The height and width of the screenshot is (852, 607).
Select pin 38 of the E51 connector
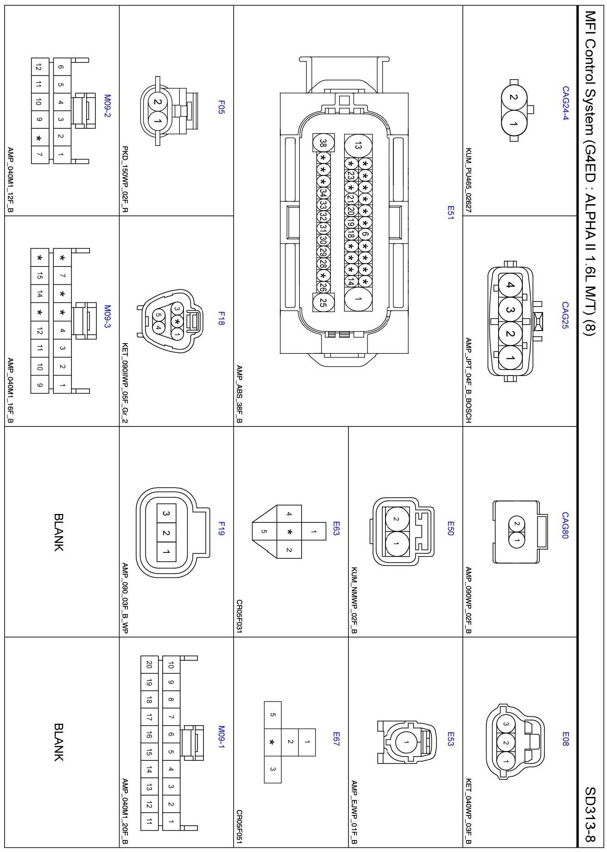click(323, 144)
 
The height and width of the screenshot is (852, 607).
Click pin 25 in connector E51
click(323, 303)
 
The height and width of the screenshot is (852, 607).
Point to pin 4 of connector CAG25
click(510, 285)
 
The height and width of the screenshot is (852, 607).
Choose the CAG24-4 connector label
click(565, 103)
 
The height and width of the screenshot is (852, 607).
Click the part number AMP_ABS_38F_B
click(239, 394)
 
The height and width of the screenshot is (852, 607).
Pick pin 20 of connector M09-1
click(149, 664)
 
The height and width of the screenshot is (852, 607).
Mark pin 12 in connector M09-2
click(38, 68)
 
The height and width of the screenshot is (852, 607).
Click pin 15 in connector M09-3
click(40, 276)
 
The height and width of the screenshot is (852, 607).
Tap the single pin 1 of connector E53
click(406, 743)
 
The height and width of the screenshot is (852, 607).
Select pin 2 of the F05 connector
click(158, 103)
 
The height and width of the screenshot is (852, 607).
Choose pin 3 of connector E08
click(506, 724)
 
